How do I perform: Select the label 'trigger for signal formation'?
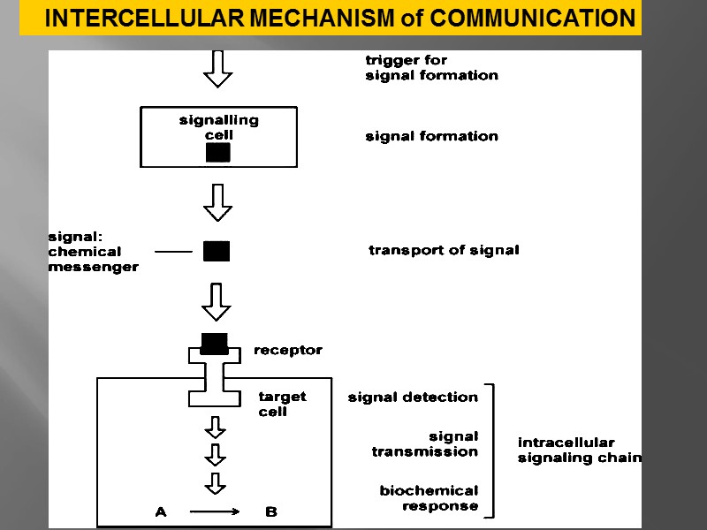tap(431, 68)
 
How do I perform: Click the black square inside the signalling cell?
tap(218, 152)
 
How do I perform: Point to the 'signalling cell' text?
tap(218, 127)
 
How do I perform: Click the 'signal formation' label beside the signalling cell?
tap(431, 136)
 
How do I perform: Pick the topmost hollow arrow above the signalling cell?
tap(217, 69)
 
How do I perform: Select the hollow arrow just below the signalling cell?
tap(217, 202)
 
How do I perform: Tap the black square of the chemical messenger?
tap(217, 252)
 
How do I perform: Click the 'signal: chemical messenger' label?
tap(92, 252)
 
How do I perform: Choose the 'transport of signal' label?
tap(444, 250)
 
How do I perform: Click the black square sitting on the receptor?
tap(214, 343)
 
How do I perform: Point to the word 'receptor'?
tap(288, 351)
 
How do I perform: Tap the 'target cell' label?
tap(281, 404)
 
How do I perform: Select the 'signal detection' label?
tap(413, 397)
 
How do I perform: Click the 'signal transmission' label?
tap(426, 443)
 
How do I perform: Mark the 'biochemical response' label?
tap(430, 498)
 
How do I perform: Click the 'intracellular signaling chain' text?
tap(578, 450)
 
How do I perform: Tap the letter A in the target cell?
tap(161, 511)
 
